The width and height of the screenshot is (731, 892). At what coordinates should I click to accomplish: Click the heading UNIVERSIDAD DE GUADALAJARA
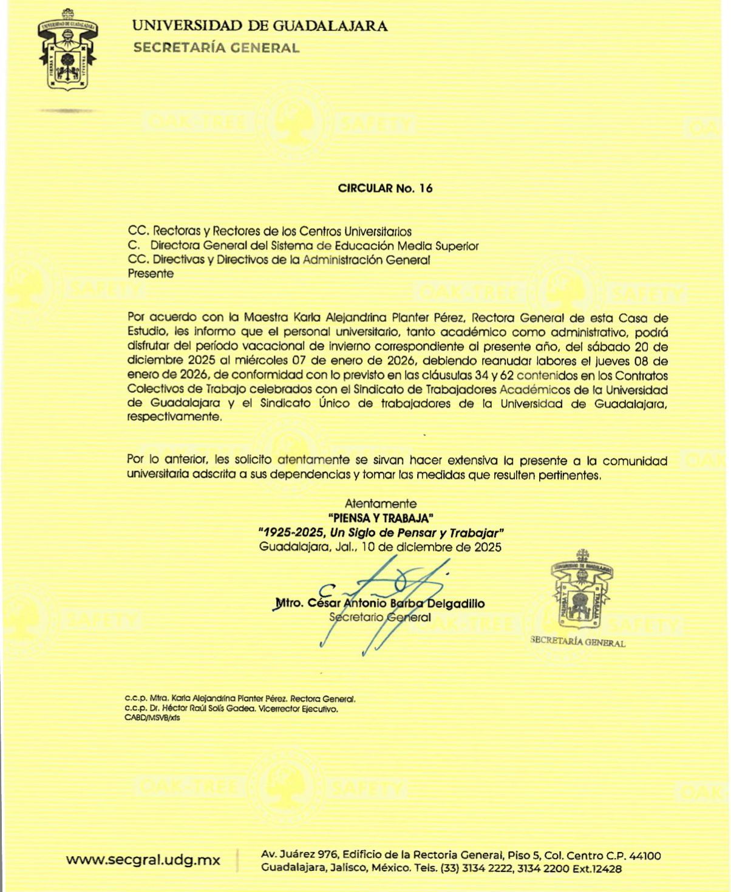(x=260, y=26)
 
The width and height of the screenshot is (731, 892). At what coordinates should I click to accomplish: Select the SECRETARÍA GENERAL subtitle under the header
(x=216, y=48)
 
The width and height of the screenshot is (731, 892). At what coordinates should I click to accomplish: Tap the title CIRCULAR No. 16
(x=385, y=188)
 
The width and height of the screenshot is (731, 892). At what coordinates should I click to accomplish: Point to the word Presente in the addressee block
(x=151, y=274)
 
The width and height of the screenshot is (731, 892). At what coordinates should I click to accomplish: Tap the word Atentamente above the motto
(x=381, y=503)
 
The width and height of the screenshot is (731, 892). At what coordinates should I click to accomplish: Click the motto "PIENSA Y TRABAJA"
(x=381, y=518)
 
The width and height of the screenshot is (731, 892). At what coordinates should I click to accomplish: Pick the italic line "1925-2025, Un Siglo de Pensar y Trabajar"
(x=381, y=533)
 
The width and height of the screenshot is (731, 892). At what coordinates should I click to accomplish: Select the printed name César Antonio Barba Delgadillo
(x=396, y=604)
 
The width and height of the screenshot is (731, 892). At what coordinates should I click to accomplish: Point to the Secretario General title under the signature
(x=380, y=618)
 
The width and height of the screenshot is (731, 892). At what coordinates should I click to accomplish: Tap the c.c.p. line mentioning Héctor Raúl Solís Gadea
(x=231, y=709)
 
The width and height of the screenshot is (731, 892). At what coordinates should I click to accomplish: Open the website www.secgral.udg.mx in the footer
(x=143, y=860)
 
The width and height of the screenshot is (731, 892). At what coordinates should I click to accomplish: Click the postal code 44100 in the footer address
(x=645, y=856)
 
